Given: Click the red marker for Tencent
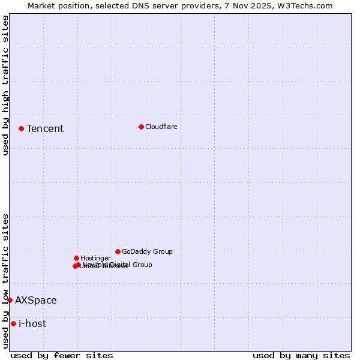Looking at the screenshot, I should [x=21, y=128].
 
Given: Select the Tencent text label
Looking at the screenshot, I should [x=45, y=128].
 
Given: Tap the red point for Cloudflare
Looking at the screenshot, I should [x=141, y=127].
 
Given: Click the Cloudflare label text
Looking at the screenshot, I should [x=161, y=127].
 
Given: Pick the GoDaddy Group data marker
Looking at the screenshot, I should [x=118, y=251].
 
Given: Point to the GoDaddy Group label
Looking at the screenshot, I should [x=147, y=251].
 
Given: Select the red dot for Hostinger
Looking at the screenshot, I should [x=76, y=258].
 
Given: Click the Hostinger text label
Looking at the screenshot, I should [x=95, y=258].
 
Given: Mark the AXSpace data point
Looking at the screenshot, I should [x=10, y=300].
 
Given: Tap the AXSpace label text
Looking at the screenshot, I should [x=36, y=300].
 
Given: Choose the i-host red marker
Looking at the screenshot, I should [x=13, y=323].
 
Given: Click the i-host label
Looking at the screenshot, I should [x=32, y=323].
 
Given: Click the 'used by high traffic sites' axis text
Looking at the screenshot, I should [x=5, y=85].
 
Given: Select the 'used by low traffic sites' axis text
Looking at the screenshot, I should [x=5, y=281].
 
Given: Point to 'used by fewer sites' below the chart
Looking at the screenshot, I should [x=62, y=355].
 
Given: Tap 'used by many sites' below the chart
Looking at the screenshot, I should [x=301, y=355].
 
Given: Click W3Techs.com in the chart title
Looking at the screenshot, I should [x=309, y=5].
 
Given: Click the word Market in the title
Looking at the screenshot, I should [x=41, y=5].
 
